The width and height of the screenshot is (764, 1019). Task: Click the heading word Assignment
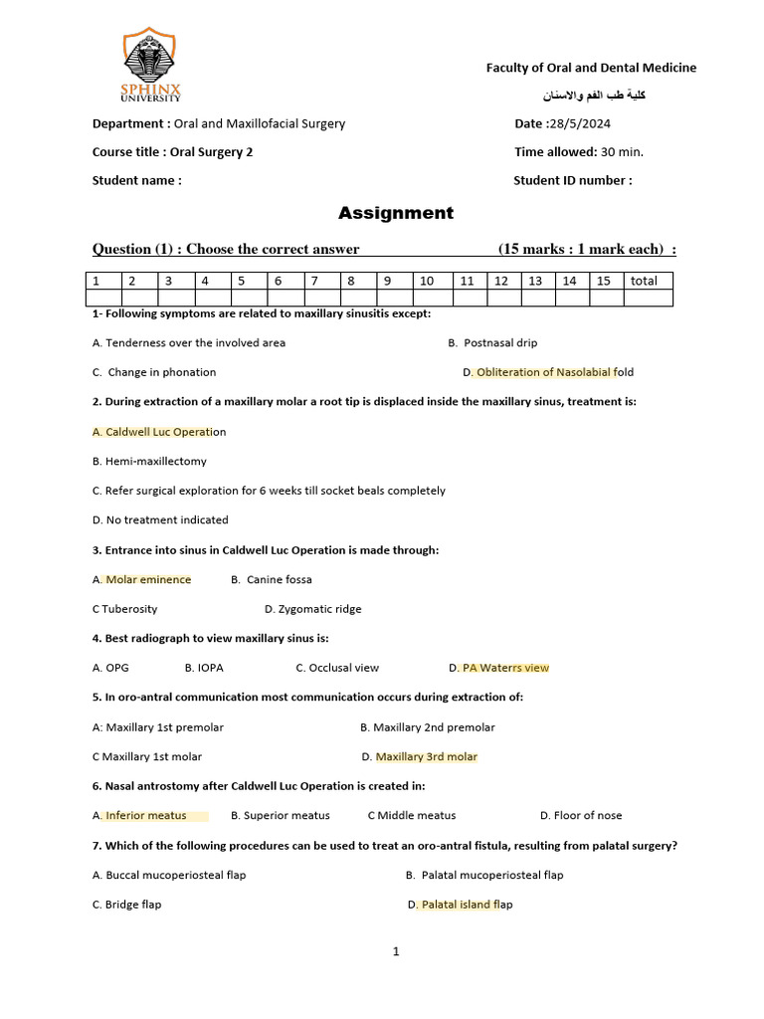click(395, 213)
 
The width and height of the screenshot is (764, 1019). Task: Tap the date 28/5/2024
click(578, 124)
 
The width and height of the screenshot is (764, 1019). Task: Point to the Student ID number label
click(572, 181)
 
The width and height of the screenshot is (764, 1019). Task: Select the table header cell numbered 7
click(314, 281)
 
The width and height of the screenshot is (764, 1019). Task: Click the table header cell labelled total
click(645, 281)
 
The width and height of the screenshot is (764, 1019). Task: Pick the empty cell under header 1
click(103, 298)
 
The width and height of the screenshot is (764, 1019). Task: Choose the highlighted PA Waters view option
click(505, 668)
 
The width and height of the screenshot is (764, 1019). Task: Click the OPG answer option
click(116, 668)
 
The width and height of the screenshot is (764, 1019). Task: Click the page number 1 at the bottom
click(396, 952)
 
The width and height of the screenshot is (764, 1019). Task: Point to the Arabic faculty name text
click(600, 96)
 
